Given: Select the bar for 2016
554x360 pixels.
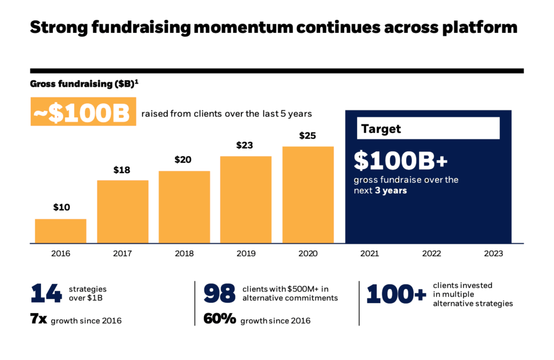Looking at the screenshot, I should click(x=61, y=231).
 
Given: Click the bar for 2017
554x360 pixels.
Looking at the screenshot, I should click(x=122, y=211).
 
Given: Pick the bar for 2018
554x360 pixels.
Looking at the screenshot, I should click(x=184, y=207).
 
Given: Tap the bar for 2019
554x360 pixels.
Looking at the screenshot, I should click(x=246, y=199).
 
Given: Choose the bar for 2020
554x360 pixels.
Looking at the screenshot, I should click(x=307, y=195).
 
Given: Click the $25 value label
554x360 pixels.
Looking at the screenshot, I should click(x=307, y=136).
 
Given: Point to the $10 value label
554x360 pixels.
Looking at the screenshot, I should click(x=61, y=208).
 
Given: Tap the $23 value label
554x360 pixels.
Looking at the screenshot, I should click(x=246, y=145).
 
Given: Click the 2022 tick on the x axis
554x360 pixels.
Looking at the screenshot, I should click(x=432, y=253).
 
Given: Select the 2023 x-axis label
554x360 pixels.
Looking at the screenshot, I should click(x=493, y=253).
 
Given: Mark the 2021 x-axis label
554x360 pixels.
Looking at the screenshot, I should click(x=370, y=253).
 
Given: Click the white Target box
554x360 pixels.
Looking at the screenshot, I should click(x=427, y=129).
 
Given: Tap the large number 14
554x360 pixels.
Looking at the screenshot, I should click(x=47, y=294).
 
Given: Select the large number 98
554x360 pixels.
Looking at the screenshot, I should click(x=220, y=294).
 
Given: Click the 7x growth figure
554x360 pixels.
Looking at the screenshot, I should click(x=38, y=319).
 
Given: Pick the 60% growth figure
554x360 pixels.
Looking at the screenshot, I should click(x=220, y=319).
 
